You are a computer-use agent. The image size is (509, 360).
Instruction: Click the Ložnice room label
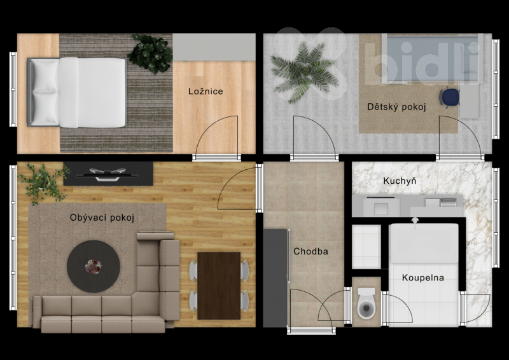(x=206, y=91)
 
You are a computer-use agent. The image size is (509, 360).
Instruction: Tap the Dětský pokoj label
(x=396, y=107)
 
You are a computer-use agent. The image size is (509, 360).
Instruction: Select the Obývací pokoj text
(x=102, y=218)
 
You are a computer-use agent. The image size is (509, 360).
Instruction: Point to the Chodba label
(x=310, y=251)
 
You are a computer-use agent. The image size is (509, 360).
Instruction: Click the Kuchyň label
(x=400, y=181)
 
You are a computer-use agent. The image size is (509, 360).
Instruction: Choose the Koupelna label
(x=423, y=277)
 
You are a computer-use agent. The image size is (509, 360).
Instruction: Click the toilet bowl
(x=366, y=303)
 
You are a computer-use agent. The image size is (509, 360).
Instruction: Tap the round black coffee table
(x=94, y=267)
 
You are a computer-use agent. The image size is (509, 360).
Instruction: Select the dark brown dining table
(x=219, y=286)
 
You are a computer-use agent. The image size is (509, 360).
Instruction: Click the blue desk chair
(x=450, y=97)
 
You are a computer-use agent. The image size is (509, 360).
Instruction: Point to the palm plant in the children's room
(x=303, y=72)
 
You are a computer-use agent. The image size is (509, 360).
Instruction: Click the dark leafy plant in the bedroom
(x=150, y=53)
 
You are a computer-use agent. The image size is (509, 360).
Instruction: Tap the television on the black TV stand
(x=108, y=174)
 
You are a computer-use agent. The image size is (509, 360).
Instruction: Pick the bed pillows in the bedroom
(x=45, y=92)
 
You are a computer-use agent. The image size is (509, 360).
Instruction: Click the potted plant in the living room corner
(x=43, y=183)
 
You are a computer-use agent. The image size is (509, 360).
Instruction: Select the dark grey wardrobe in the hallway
(x=275, y=278)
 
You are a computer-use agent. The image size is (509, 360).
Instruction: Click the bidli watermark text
(x=422, y=64)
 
